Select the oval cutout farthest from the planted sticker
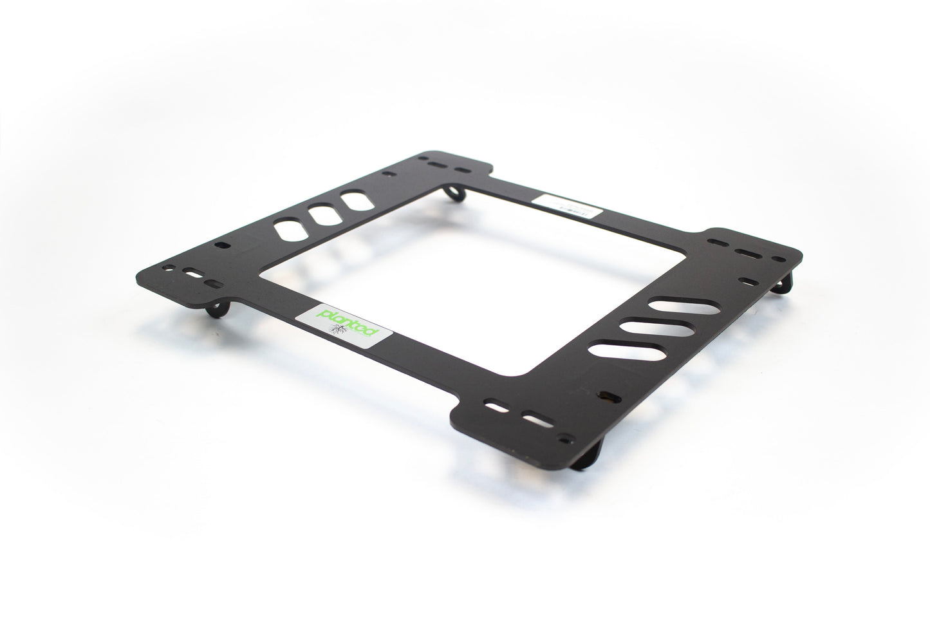pos(352,201)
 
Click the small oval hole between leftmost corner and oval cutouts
pos(222,245)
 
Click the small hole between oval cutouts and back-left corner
pos(387,174)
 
